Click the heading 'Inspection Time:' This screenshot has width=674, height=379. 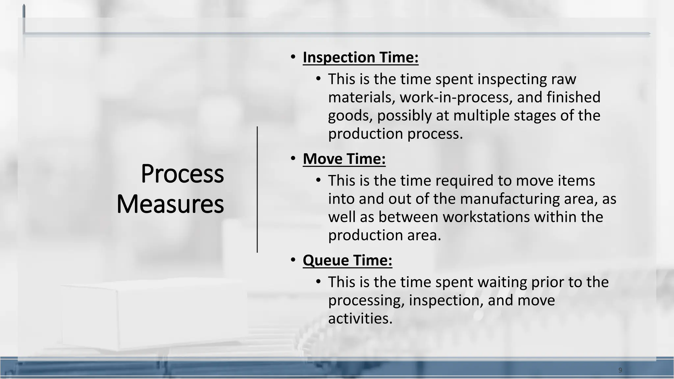(360, 58)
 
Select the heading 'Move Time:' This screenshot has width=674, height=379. (344, 159)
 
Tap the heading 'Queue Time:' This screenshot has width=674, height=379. (347, 260)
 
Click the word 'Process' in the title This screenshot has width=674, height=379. (182, 174)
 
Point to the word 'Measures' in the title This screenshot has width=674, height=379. (170, 204)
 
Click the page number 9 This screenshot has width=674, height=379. (620, 370)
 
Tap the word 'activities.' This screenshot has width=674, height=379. (360, 319)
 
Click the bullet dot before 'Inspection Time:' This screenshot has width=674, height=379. (293, 57)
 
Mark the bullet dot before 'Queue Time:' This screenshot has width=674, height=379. (293, 260)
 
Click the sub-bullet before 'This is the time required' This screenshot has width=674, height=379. (318, 180)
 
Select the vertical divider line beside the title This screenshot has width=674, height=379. (257, 189)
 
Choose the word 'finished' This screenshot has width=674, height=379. (574, 98)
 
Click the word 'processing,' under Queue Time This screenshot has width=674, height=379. (366, 301)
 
